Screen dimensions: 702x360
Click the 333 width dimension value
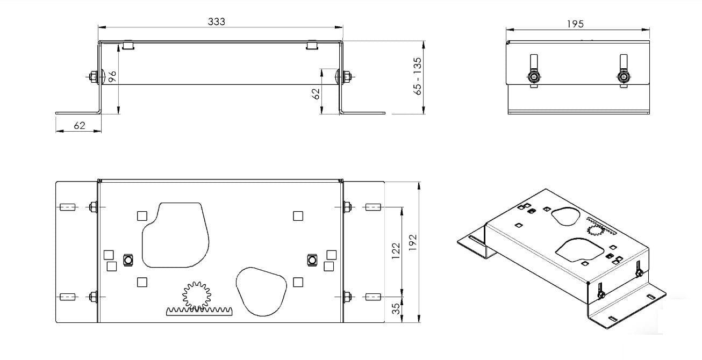pos(217,21)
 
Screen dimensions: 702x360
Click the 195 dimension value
pos(575,24)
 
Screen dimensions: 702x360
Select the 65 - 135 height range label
pos(418,76)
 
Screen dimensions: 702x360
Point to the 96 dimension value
pos(112,76)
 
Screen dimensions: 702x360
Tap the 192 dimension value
pos(413,242)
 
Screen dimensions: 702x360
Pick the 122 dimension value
pos(396,250)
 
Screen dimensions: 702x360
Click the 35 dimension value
pos(397,308)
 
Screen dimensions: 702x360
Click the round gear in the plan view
pos(197,295)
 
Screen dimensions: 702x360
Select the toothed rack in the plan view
pos(199,312)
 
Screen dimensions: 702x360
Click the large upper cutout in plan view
pos(175,235)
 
